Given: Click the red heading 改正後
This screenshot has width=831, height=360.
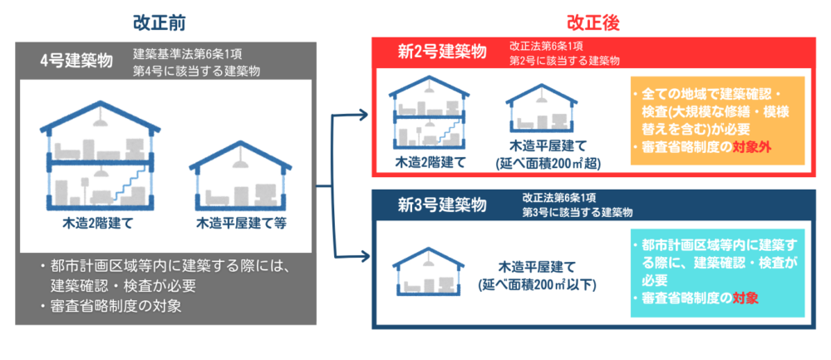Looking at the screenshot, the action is click(x=593, y=24).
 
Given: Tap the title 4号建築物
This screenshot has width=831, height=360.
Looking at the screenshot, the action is click(x=76, y=61).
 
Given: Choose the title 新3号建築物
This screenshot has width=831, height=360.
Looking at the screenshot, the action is click(x=441, y=205).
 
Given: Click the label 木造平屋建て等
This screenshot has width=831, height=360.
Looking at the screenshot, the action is click(x=241, y=224).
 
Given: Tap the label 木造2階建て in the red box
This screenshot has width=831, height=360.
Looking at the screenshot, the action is click(x=430, y=161).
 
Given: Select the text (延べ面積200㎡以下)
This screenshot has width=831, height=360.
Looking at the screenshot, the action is click(x=537, y=284).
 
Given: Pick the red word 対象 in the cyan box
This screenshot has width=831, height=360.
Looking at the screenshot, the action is click(x=745, y=298).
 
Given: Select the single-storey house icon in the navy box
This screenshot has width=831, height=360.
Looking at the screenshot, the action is click(x=427, y=270).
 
